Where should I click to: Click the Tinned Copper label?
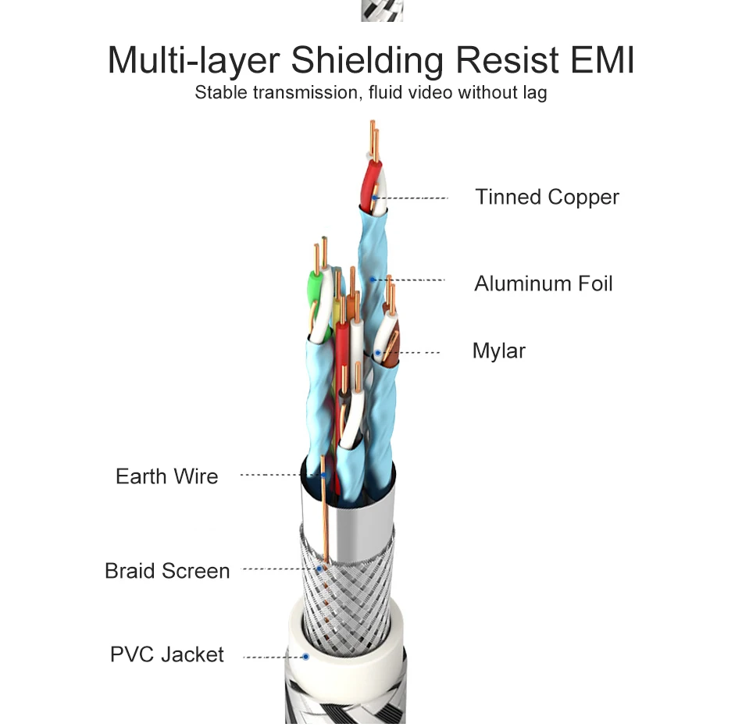[547, 197]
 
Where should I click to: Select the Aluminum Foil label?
[543, 283]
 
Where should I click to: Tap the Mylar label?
[498, 351]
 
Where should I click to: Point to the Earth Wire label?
[166, 476]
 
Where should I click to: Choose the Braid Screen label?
[167, 571]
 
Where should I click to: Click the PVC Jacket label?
[166, 654]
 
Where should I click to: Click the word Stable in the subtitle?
[219, 93]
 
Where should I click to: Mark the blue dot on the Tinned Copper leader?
[375, 198]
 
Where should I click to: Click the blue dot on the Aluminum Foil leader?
[373, 280]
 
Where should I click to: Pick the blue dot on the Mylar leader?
[377, 353]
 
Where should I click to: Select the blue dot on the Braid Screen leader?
[319, 569]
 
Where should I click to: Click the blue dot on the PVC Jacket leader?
[305, 658]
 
